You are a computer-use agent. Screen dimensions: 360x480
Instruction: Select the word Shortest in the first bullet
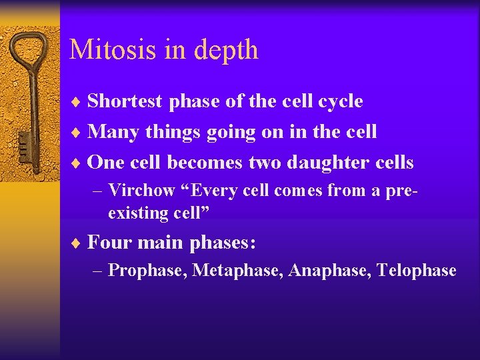coord(125,101)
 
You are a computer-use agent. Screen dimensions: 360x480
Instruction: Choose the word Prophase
coord(147,271)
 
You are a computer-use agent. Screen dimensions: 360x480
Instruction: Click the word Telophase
coord(417,271)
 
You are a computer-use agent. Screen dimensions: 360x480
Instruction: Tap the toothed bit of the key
coord(24,143)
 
